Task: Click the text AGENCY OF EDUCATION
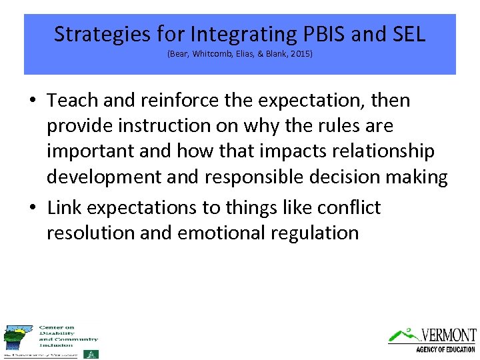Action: tap(445, 349)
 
